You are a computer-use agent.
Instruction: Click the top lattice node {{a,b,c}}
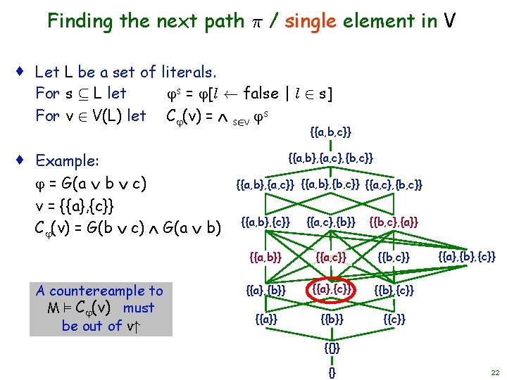click(x=331, y=132)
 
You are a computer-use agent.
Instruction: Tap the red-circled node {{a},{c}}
click(x=331, y=289)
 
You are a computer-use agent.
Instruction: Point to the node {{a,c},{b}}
click(x=331, y=222)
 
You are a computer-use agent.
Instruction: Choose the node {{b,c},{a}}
click(x=394, y=222)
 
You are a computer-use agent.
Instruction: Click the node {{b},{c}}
click(x=394, y=289)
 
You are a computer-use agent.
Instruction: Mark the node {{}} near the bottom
click(x=331, y=347)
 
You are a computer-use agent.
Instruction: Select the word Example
click(x=68, y=161)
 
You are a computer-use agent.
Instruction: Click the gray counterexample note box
click(x=99, y=308)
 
